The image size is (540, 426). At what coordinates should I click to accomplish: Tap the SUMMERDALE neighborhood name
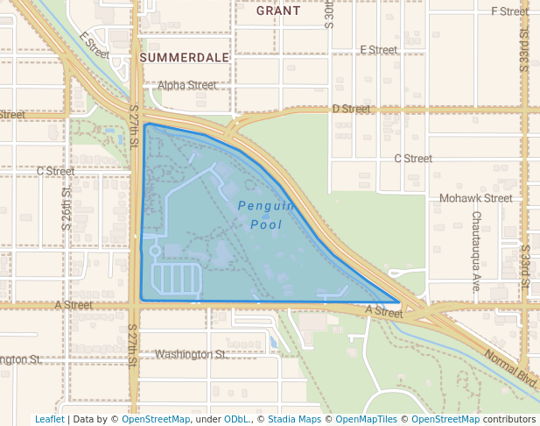pos(184,57)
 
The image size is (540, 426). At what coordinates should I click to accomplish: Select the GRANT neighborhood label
pos(278,11)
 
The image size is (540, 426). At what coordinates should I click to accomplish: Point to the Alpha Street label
pos(186,85)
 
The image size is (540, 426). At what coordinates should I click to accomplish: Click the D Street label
pos(351,109)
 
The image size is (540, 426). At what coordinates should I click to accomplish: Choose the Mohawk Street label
pos(475,198)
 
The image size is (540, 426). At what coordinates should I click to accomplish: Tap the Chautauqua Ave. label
pos(477,239)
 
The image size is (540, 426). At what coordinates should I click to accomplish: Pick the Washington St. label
pos(191,354)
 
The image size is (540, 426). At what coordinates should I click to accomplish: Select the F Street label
pos(510,11)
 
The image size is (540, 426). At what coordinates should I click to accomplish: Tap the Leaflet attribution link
pos(49,419)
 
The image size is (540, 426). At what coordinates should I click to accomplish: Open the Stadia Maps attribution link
pos(293,419)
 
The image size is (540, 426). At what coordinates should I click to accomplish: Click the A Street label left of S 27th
pos(73,305)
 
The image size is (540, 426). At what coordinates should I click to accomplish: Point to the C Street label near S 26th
pos(55,171)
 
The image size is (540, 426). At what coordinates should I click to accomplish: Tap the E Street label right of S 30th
pos(378,50)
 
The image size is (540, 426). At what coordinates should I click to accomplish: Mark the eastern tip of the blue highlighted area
pos(400,302)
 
